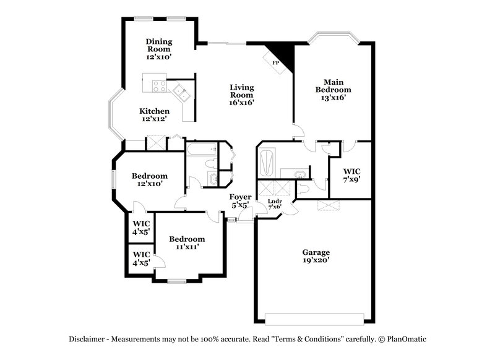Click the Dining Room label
click(159, 49)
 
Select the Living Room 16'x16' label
click(243, 95)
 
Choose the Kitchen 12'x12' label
click(154, 114)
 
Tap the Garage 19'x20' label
click(316, 256)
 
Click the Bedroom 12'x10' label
click(150, 179)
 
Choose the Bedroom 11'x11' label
click(187, 242)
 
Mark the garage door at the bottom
click(314, 319)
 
